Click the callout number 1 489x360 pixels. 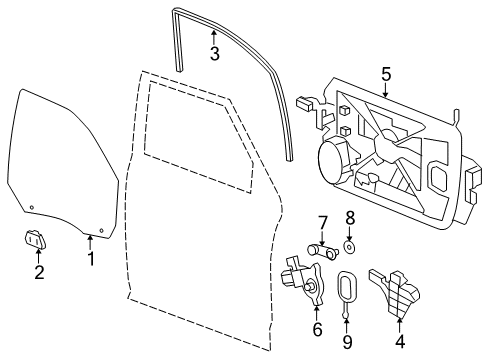90,262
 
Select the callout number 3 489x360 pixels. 213,54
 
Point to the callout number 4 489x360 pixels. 400,323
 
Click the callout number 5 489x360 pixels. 386,72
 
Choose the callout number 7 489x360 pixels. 322,221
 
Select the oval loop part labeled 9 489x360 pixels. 347,286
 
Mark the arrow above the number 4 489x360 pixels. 400,308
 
